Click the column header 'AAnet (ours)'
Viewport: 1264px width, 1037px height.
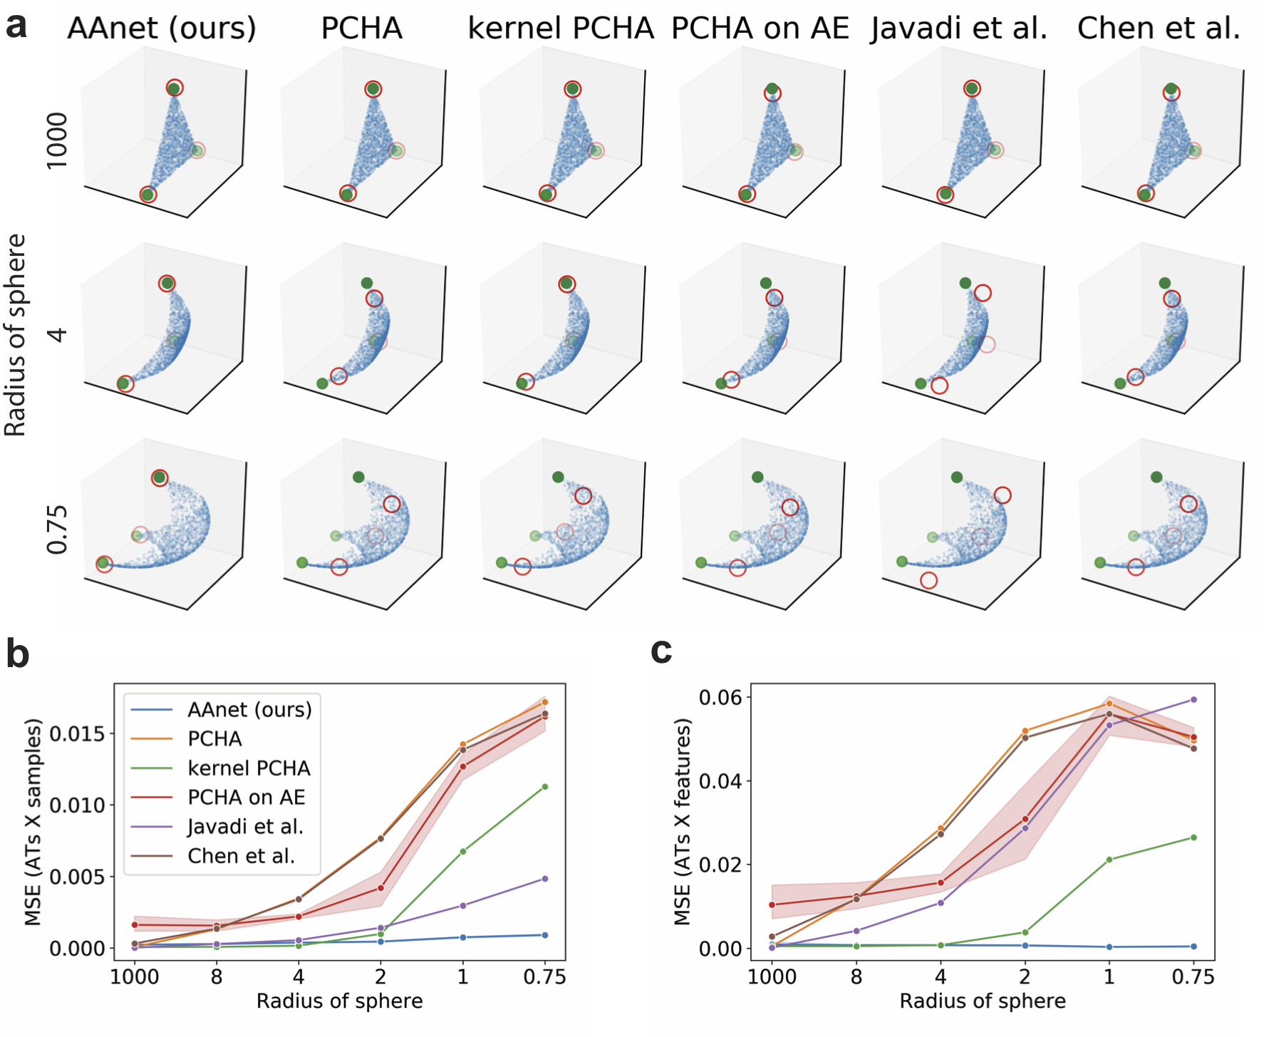[162, 29]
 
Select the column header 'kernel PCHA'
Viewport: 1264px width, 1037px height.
[561, 29]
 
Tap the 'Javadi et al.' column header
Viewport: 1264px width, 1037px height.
[959, 29]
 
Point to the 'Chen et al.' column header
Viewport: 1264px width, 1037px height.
[1159, 29]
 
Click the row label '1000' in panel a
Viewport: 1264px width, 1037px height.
[57, 140]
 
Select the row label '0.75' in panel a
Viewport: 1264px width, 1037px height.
[57, 530]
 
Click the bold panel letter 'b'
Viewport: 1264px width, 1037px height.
[17, 654]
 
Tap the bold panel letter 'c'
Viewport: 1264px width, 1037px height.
[661, 650]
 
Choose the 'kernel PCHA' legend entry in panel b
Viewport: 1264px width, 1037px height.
[249, 768]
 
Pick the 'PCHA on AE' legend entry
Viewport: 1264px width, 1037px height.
[246, 798]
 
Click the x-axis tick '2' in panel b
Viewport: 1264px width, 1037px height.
[380, 976]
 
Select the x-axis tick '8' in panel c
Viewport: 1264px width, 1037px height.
[856, 976]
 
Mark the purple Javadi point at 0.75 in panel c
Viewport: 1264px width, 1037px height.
[1193, 700]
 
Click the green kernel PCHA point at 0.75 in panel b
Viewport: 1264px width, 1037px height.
[545, 787]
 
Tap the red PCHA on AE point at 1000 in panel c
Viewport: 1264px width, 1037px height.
[772, 905]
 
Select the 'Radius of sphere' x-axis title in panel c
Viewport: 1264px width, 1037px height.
[983, 1001]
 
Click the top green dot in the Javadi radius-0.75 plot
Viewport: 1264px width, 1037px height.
[957, 477]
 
